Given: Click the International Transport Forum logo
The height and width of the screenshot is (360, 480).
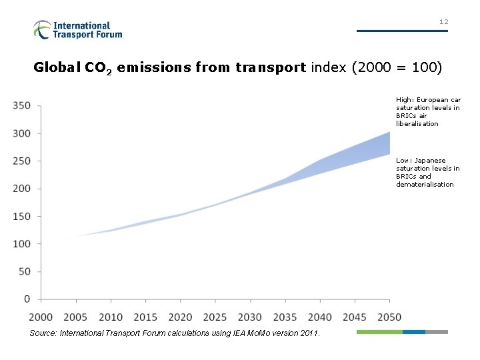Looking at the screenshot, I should coord(77,29).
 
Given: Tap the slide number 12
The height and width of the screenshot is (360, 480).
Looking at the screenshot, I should coord(443,22).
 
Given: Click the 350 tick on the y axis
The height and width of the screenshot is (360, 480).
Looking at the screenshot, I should coord(21,105).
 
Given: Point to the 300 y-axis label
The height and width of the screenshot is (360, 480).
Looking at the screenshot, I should coord(21,133).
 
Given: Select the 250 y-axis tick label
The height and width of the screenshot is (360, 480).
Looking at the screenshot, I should coord(21,161).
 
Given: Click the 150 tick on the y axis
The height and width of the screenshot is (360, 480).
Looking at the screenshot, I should coord(21,216).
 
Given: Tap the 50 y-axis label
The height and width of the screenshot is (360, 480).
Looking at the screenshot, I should coord(24,271).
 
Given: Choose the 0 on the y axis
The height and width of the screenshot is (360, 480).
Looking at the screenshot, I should coord(27,299).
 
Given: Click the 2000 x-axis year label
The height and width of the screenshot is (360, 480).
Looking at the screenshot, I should coord(41,317).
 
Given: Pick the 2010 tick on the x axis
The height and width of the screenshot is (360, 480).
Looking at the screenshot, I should coord(111,317).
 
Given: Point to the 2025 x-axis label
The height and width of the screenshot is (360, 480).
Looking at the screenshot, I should coord(215,317).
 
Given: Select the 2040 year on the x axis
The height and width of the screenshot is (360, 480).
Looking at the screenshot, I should coord(320,317).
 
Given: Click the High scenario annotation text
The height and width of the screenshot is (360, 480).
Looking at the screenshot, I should coord(428,111).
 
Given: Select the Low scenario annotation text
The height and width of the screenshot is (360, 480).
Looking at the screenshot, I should coord(428,172).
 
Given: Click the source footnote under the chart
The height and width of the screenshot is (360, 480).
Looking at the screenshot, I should coord(175,333).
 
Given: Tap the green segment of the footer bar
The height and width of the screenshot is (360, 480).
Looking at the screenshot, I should coord(379,331).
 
